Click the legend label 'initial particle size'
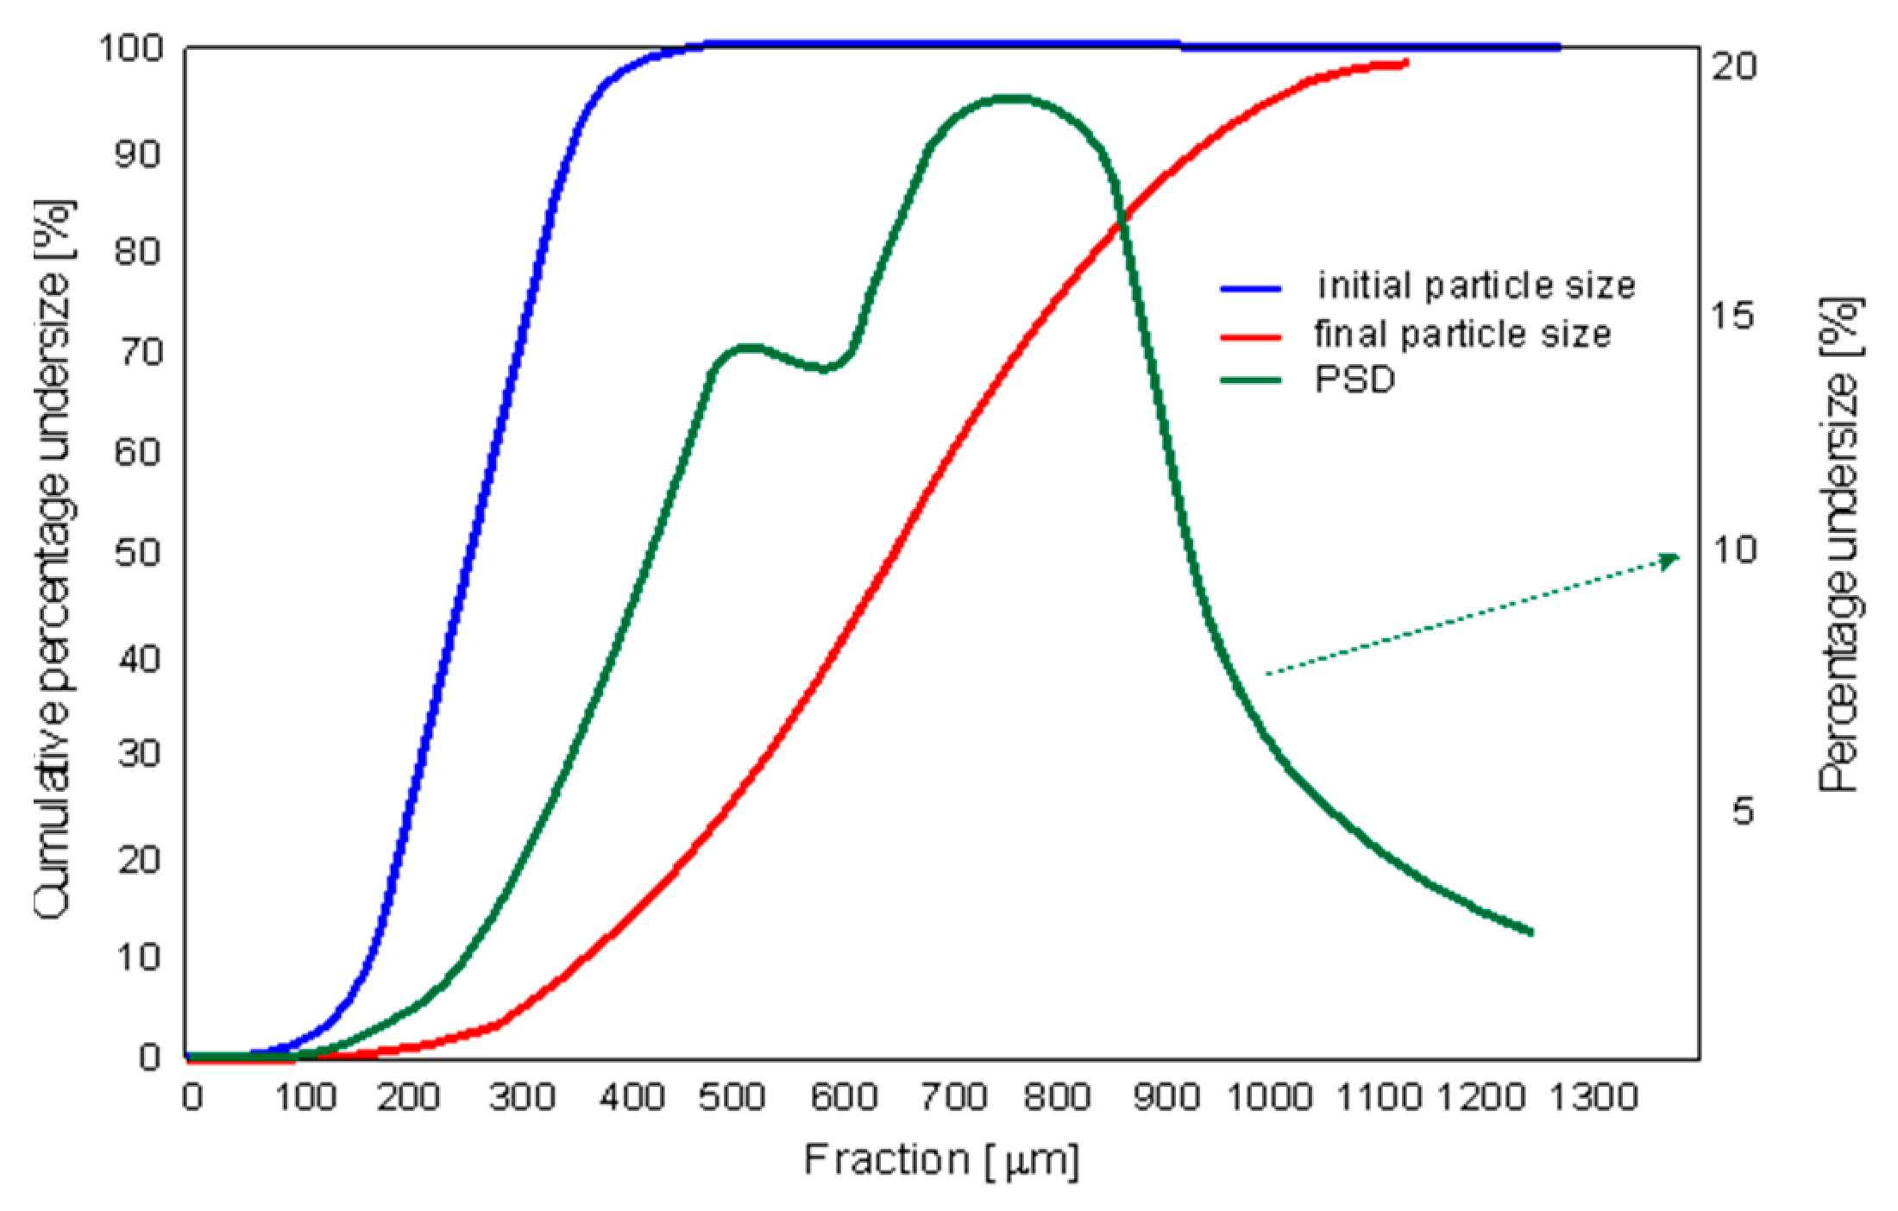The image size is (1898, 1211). click(1475, 285)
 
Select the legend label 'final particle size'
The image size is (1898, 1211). click(1462, 334)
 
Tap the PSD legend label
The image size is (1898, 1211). click(1354, 380)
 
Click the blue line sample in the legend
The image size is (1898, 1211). click(1250, 289)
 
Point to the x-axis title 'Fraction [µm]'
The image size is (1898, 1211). click(941, 1160)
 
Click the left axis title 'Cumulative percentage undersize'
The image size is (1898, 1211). click(53, 561)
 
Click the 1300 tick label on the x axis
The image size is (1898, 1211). click(1593, 1097)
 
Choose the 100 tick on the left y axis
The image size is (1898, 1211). click(131, 48)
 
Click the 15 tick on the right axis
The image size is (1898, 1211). click(1732, 316)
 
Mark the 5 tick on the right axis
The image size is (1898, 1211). click(1743, 811)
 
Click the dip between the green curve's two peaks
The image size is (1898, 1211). click(824, 369)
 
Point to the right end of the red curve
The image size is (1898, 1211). click(1405, 63)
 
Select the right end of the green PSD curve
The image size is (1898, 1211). click(1530, 932)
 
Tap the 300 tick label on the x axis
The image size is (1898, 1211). click(521, 1097)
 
